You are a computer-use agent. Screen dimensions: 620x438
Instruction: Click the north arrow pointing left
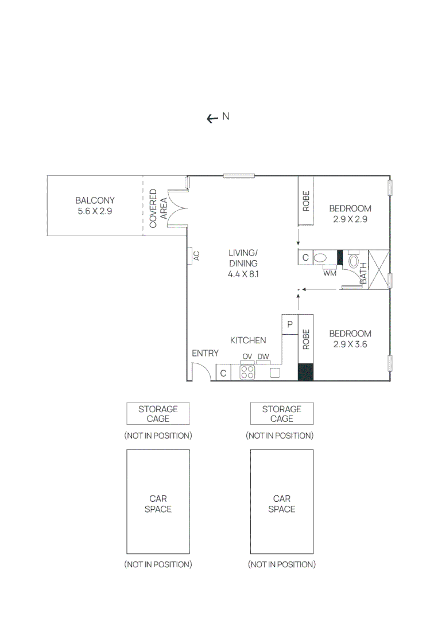tap(211, 118)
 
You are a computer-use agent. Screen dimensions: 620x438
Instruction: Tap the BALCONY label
tap(95, 200)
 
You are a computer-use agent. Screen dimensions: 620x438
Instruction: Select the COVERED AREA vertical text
tap(158, 208)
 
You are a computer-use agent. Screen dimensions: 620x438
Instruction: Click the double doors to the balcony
tap(176, 209)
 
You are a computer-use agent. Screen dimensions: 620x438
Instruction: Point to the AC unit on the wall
tap(189, 256)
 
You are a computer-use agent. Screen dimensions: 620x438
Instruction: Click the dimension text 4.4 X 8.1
tap(244, 274)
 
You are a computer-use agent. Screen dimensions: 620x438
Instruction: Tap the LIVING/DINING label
tap(243, 258)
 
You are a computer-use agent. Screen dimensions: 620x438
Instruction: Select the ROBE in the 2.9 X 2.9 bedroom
tap(305, 201)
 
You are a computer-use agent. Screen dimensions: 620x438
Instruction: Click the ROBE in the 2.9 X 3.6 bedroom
tap(305, 339)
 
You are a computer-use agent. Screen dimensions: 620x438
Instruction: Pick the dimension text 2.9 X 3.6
tap(350, 344)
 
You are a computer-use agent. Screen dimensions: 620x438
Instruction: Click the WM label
tap(330, 273)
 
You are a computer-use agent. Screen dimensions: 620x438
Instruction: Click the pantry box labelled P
tap(290, 324)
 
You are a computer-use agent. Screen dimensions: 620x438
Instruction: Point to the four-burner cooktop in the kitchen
tap(247, 373)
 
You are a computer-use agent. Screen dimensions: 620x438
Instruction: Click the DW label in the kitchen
tap(263, 356)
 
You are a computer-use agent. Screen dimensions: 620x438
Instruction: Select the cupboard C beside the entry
tap(223, 373)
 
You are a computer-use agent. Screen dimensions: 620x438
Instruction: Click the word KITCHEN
tap(248, 340)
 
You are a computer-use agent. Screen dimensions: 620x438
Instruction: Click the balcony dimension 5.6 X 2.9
tap(95, 211)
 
